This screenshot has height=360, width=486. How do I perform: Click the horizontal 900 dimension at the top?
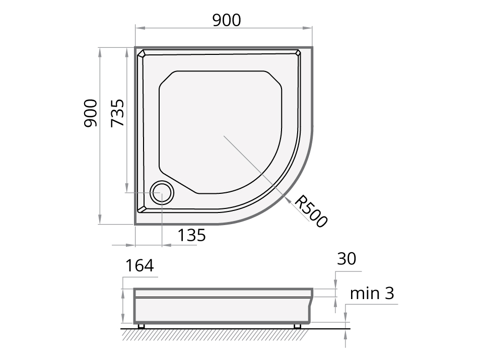226,20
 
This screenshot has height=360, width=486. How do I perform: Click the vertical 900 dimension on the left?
91,113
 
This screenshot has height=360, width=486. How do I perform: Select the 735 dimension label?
117,113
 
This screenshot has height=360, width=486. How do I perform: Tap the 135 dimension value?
191,235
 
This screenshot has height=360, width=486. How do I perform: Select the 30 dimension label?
346,259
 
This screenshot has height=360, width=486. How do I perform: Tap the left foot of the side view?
141,326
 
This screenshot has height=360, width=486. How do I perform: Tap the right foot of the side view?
297,326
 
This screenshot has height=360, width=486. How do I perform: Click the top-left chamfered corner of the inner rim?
142,53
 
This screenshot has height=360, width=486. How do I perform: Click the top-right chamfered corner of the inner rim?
298,52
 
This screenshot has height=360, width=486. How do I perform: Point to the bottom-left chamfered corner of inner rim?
143,208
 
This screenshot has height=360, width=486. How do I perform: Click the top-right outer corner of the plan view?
312,48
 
